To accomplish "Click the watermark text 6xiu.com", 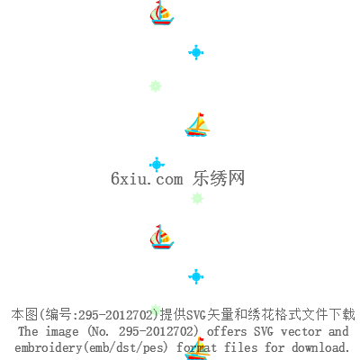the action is point(147,179).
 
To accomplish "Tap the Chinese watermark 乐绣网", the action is point(219,178).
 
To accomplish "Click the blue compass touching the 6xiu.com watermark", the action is point(157,165).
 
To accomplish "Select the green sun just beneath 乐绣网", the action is point(197,199).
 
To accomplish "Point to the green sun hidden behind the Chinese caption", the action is point(156,309).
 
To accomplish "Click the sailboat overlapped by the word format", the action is point(197,348).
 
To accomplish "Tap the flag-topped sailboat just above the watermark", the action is point(197,124).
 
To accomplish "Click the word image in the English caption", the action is point(62,332).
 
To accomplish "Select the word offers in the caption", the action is point(227,331).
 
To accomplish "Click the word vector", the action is point(301,332).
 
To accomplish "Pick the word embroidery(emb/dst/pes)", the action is point(91,347).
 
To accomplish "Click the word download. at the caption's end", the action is point(320,347).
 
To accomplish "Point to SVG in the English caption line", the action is point(264,331).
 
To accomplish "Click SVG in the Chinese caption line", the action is point(196,315).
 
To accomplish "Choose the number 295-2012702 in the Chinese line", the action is point(116,315).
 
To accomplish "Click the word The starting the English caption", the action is point(28,331).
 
